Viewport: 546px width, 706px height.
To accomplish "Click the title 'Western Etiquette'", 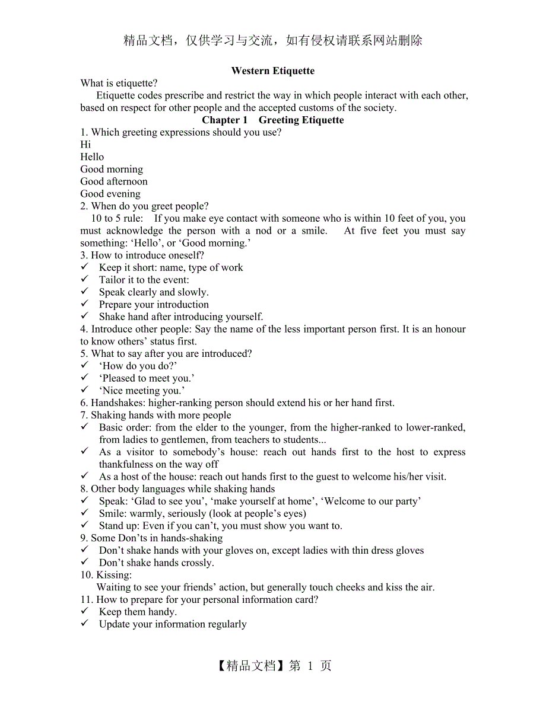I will tap(272, 71).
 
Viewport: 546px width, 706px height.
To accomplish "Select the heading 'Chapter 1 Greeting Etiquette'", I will tap(272, 120).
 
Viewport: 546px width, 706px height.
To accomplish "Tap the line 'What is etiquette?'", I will tap(119, 84).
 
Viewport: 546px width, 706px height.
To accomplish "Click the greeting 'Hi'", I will tap(85, 145).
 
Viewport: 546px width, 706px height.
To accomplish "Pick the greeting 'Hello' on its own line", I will tap(92, 157).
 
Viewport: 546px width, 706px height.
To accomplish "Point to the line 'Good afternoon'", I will tap(114, 181).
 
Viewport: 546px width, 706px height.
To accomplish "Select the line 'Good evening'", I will tap(110, 194).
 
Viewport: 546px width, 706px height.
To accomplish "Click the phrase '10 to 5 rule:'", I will tap(117, 218).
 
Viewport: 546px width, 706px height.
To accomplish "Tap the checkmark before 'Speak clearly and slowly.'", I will tap(85, 292).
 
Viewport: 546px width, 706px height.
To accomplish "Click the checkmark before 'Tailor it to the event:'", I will tap(85, 279).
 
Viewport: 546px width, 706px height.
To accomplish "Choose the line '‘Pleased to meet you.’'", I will tap(147, 378).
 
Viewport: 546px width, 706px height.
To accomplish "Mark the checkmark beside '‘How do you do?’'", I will tap(85, 365).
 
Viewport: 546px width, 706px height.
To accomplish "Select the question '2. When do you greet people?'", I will tap(144, 206).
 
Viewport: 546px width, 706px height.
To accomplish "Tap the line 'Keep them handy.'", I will tap(138, 612).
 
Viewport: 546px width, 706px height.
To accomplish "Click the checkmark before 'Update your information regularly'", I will tap(85, 624).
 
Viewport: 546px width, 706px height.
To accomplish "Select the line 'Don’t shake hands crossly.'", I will tap(157, 563).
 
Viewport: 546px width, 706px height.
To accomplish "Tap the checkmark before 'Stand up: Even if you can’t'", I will tap(85, 525).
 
